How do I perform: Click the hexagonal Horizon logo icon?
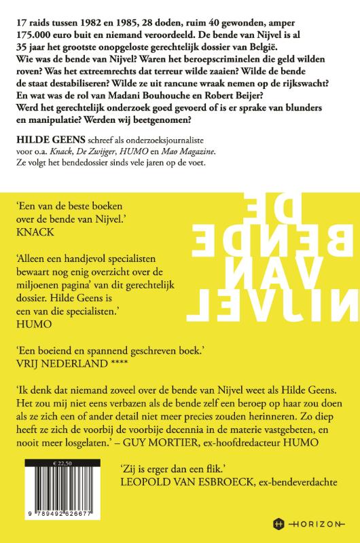pos(277,523)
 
